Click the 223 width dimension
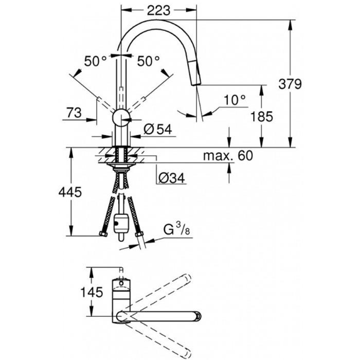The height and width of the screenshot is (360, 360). (x=158, y=10)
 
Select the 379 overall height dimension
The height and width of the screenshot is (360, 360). (x=290, y=84)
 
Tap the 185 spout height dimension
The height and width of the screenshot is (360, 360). (x=261, y=116)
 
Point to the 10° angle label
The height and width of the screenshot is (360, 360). (x=235, y=100)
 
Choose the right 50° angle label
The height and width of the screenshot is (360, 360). (x=148, y=61)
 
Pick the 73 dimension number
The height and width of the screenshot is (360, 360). (x=74, y=113)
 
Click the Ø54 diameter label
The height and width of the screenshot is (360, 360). (x=158, y=129)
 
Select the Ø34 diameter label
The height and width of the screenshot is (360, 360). (x=171, y=177)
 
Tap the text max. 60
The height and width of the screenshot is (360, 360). (x=228, y=155)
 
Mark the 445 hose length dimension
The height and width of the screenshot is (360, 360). (x=70, y=192)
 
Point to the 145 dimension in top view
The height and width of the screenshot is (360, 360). (x=92, y=292)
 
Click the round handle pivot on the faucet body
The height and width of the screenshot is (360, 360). (x=121, y=118)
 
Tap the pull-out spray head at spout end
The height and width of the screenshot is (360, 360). (x=195, y=71)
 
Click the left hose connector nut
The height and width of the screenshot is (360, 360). (x=103, y=234)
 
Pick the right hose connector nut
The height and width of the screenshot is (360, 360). (x=139, y=235)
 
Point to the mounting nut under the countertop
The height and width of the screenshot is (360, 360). (x=121, y=167)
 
